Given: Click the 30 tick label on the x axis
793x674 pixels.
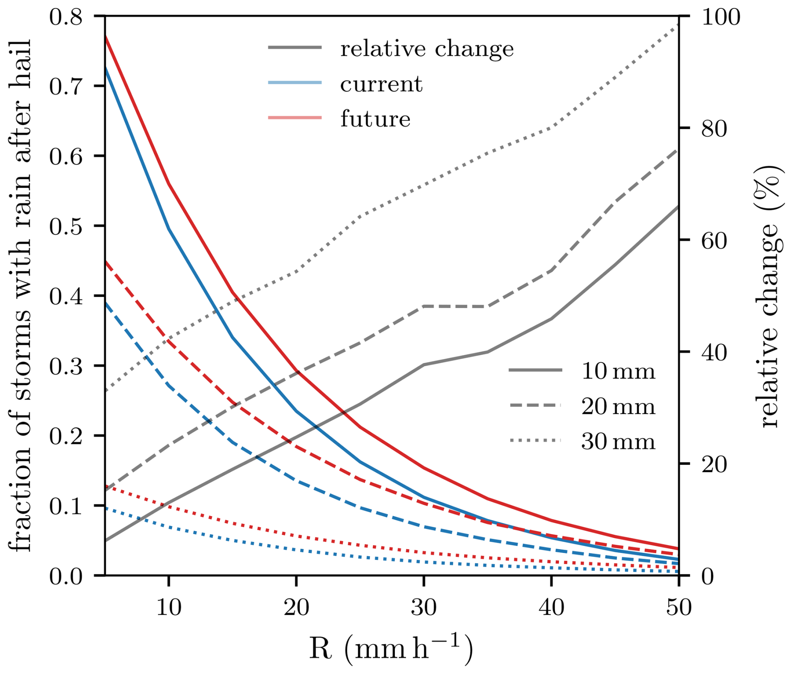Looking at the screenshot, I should pos(424,607).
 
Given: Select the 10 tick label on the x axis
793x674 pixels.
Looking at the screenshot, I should pos(168,607).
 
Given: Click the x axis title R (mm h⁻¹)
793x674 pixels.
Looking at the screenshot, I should pos(391,648).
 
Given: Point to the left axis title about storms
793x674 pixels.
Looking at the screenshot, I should pos(20,296).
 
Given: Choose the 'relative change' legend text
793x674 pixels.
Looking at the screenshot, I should pos(427,49).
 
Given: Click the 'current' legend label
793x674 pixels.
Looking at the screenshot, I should pos(381,84).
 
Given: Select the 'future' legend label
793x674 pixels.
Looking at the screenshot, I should pos(375,119).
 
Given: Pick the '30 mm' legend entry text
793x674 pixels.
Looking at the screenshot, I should pos(618,442).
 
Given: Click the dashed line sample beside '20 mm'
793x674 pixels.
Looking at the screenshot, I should pos(535,406).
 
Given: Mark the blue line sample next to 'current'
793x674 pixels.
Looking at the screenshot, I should pos(295,83).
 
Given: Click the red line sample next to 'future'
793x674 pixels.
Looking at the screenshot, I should pos(295,118).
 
